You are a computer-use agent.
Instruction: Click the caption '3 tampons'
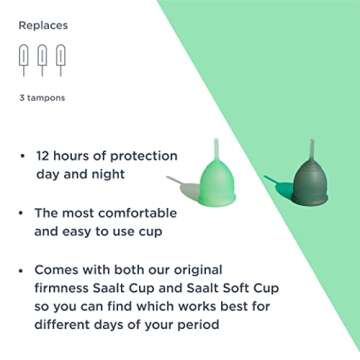[x=40, y=98]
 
